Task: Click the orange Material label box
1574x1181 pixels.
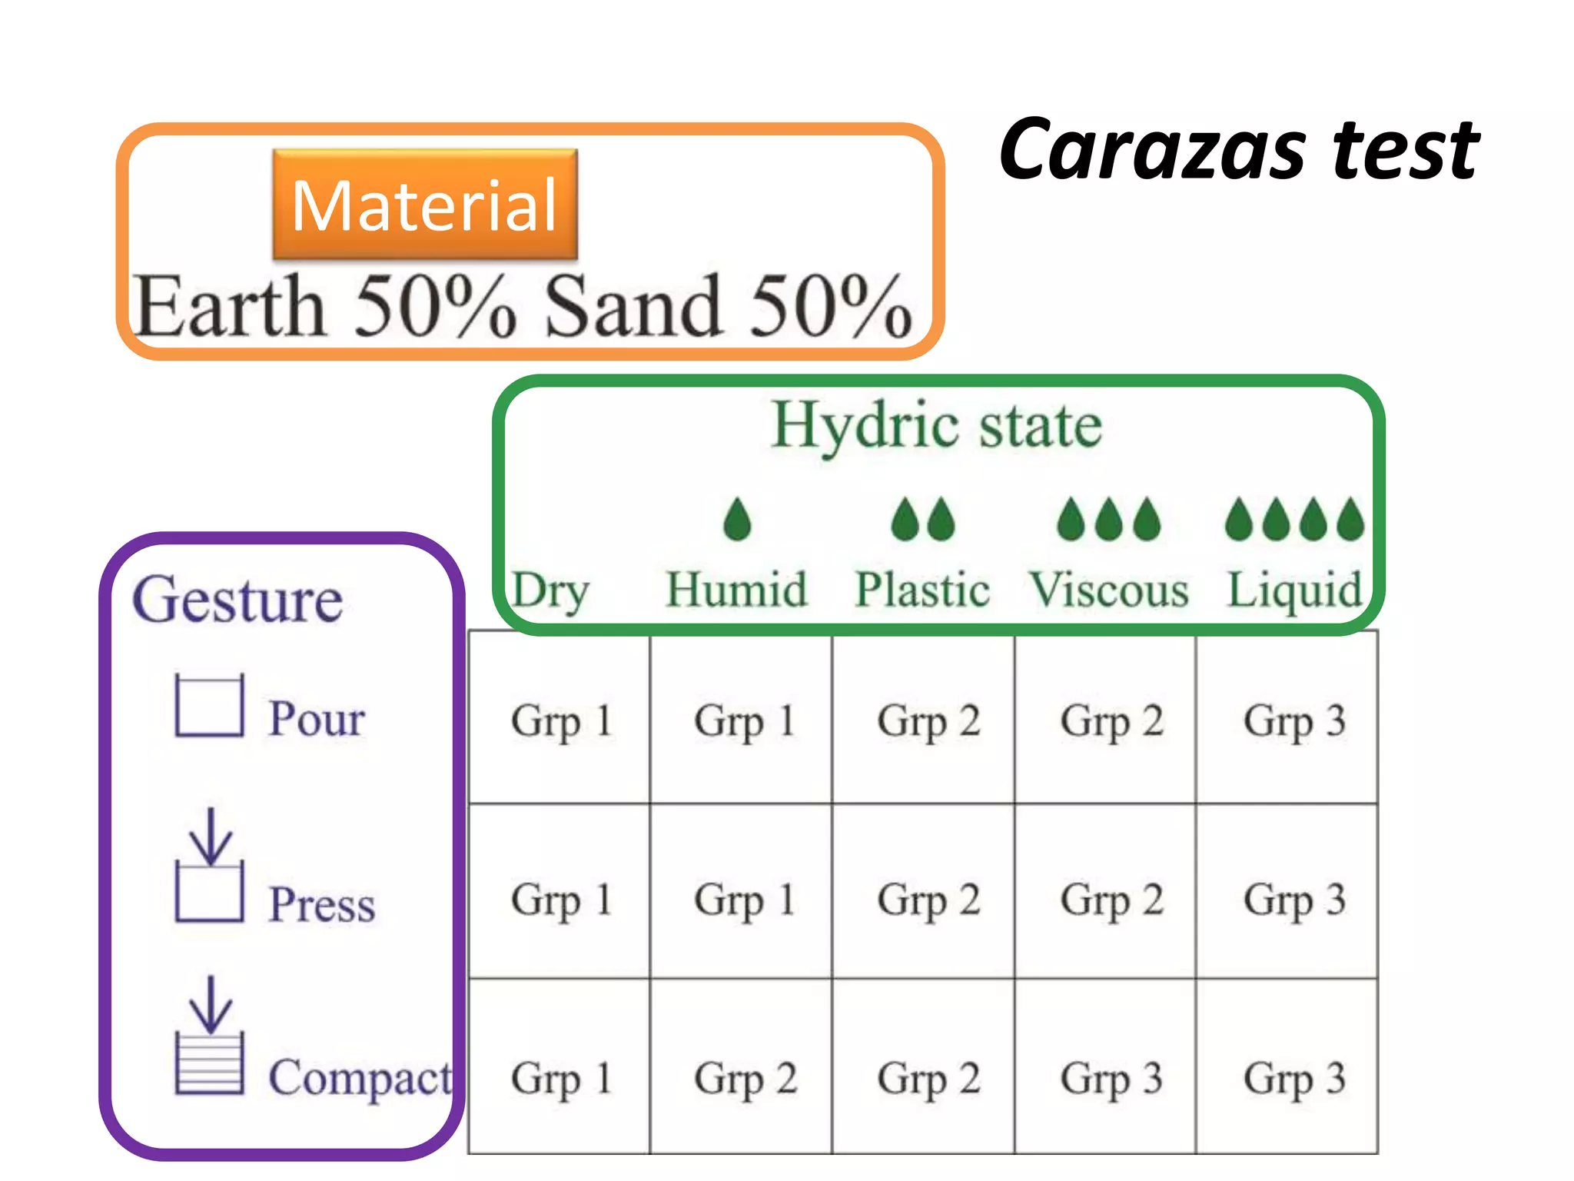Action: [x=425, y=205]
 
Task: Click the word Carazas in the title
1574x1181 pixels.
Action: [x=1153, y=149]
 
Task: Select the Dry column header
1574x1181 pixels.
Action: [x=551, y=590]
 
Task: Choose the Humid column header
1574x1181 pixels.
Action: [x=736, y=590]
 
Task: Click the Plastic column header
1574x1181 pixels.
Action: [x=922, y=590]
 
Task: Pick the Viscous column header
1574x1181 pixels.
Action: [x=1109, y=590]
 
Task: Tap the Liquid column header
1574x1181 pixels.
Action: [x=1294, y=590]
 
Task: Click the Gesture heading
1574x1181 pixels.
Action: [x=237, y=600]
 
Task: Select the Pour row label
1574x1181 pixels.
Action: [x=316, y=719]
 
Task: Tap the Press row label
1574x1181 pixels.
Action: [x=321, y=904]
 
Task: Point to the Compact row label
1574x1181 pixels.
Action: [x=360, y=1078]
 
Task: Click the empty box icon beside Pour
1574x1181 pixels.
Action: [x=209, y=706]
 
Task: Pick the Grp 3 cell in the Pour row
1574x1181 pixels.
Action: [x=1294, y=721]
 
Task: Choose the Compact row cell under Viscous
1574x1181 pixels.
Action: [x=1111, y=1078]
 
